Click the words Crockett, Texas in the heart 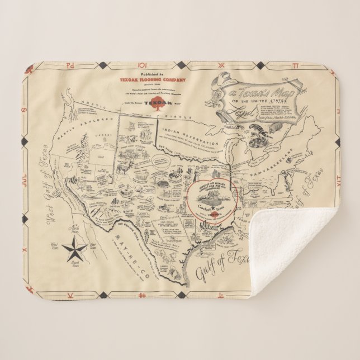click(209, 207)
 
